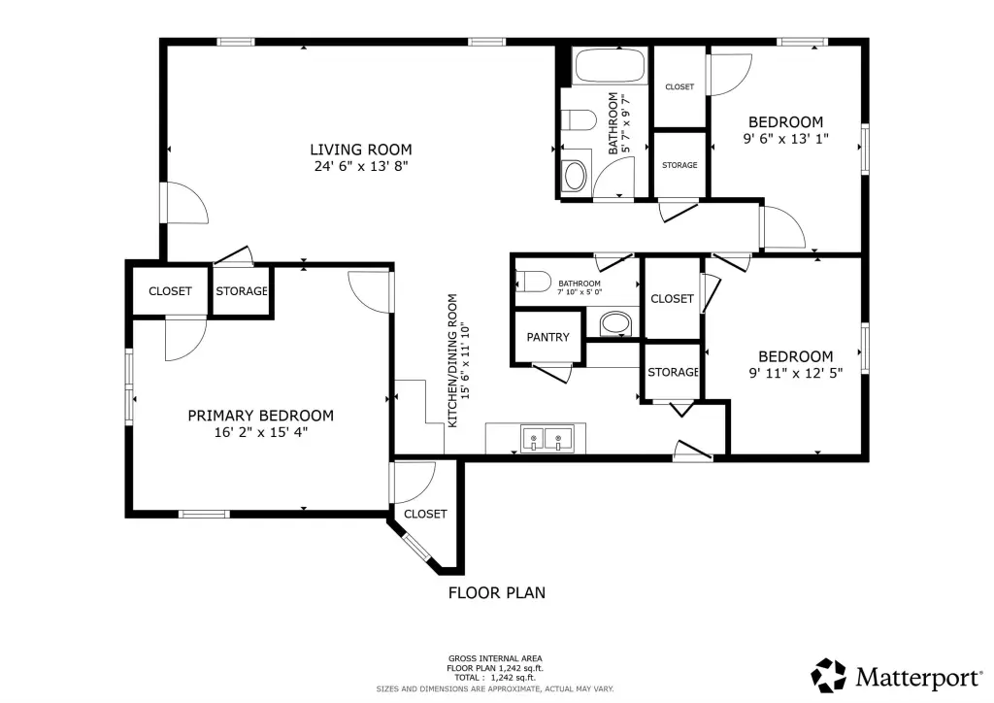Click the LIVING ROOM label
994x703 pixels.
pos(361,150)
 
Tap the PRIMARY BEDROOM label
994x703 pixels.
pos(260,416)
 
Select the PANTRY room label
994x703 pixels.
pos(547,337)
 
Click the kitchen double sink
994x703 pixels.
pos(547,439)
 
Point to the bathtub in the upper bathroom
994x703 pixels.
pos(610,66)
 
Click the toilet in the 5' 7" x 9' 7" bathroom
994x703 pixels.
pos(580,119)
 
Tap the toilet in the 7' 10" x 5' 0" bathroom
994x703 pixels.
pos(533,281)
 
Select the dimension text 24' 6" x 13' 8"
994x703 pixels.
pos(361,166)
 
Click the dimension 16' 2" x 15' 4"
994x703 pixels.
pos(260,432)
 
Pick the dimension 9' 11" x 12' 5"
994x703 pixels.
pos(796,373)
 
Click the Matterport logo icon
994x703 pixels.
pos(829,676)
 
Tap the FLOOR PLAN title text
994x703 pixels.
pos(496,592)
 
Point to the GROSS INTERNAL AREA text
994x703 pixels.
pos(495,658)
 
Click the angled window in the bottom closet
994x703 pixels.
pos(416,549)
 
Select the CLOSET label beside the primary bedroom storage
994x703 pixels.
pos(170,291)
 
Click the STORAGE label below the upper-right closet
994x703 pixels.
pos(679,165)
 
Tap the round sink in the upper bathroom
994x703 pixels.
pos(575,176)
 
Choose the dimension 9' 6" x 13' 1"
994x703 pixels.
pos(785,139)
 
